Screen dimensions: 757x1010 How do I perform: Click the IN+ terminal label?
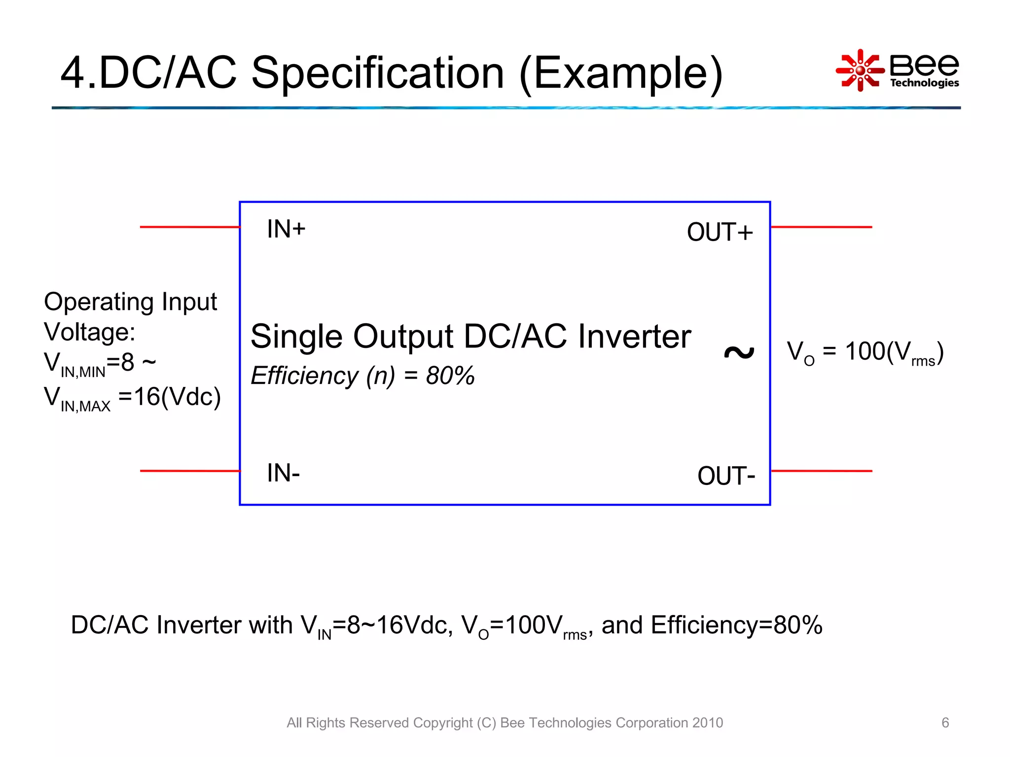[x=286, y=229]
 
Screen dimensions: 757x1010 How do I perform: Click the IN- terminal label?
[x=283, y=473]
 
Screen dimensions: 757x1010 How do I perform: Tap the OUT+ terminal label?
[x=720, y=232]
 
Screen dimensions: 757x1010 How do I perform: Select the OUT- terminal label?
[x=726, y=476]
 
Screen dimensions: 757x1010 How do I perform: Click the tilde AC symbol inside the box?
[x=739, y=352]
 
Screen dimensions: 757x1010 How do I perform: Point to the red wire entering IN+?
[x=190, y=227]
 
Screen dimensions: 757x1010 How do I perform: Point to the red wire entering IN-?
[x=190, y=471]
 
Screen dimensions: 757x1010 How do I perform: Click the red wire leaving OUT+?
[x=821, y=227]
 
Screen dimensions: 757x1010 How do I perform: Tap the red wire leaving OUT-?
[x=821, y=471]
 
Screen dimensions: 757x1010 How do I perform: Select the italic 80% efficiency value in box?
[x=450, y=376]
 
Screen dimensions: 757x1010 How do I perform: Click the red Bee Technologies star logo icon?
[x=860, y=70]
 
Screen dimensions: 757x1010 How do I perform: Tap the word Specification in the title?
[x=378, y=74]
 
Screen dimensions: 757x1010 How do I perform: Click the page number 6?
[x=945, y=723]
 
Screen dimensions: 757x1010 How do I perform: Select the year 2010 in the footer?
[x=707, y=723]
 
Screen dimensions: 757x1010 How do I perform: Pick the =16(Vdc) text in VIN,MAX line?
[x=169, y=397]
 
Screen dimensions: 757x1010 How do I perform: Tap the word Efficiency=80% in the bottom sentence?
[x=736, y=625]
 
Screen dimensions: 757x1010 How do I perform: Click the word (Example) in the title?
[x=621, y=74]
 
